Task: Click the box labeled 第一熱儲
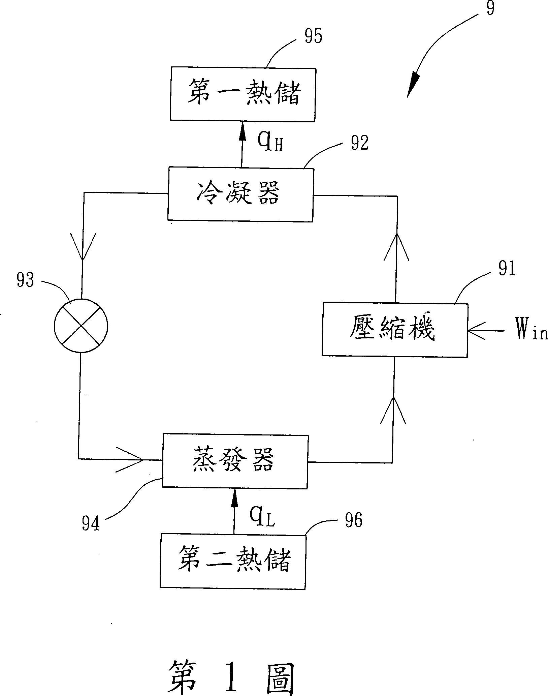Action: (x=243, y=94)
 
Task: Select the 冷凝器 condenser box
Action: (x=240, y=194)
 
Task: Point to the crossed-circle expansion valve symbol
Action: (x=81, y=326)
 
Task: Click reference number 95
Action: (x=313, y=37)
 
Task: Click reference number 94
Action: (x=91, y=523)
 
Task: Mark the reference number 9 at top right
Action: (x=490, y=8)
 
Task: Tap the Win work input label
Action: (x=530, y=331)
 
